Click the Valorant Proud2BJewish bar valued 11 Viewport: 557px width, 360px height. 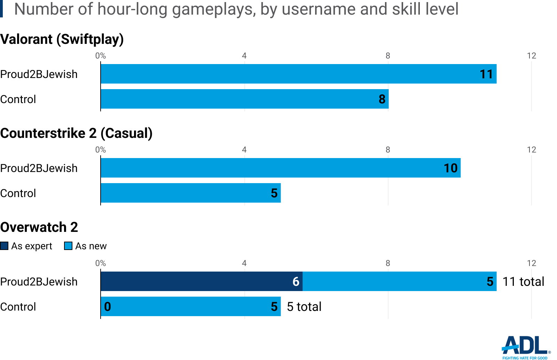tap(298, 74)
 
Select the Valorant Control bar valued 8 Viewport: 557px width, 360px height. tap(244, 99)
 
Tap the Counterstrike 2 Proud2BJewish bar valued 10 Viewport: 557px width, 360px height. tap(281, 168)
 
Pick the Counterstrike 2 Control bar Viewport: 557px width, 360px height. tap(190, 193)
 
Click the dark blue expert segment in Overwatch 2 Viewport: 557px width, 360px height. tap(202, 281)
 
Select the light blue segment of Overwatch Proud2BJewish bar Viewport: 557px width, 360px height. tap(399, 281)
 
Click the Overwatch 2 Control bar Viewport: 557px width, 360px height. tap(190, 306)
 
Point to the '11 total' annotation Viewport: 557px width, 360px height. tap(523, 281)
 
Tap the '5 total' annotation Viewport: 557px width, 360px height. tap(304, 306)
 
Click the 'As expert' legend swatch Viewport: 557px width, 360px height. tap(4, 246)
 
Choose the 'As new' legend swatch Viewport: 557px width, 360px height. tap(68, 246)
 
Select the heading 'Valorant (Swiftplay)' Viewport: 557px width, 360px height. tap(62, 39)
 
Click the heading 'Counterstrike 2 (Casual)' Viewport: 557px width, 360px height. tap(76, 133)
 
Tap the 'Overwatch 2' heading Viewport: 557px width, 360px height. tap(39, 227)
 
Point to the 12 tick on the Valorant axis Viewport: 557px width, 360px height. tap(531, 56)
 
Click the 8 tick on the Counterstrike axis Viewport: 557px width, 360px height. tap(388, 150)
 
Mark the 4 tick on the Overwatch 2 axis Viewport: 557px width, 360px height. tap(244, 263)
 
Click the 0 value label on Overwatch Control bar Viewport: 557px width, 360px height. tap(108, 306)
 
